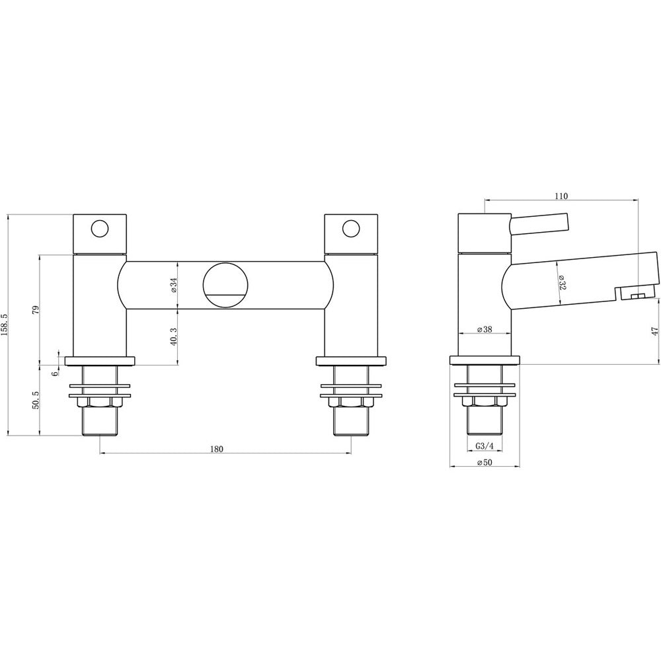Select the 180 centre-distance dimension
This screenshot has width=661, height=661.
[x=216, y=449]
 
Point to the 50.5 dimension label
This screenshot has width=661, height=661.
[x=36, y=400]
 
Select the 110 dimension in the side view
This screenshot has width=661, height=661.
[x=561, y=196]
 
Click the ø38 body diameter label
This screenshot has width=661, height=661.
[x=485, y=330]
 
